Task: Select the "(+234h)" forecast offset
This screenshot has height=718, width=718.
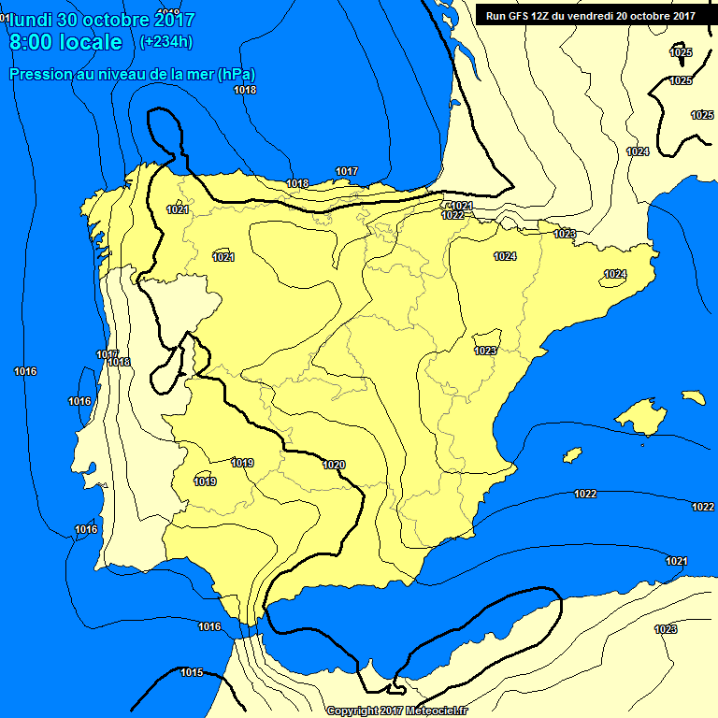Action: (x=165, y=41)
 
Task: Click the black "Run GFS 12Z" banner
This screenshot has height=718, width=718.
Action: (x=590, y=15)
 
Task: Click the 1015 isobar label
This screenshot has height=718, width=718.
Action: (x=192, y=672)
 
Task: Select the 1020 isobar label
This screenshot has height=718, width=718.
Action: (x=334, y=465)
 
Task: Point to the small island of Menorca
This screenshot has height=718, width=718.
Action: (x=693, y=397)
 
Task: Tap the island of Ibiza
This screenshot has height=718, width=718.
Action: (x=570, y=455)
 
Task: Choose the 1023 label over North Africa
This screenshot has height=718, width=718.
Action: (x=666, y=629)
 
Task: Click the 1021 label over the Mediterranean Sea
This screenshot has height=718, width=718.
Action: (x=677, y=561)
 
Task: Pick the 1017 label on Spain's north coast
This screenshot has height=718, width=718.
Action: (x=347, y=171)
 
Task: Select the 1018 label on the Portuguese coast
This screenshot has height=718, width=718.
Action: (x=120, y=363)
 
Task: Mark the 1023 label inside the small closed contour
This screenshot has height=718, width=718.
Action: (x=485, y=351)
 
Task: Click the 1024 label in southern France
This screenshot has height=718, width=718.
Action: (x=638, y=151)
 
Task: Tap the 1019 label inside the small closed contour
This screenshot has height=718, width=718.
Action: (x=206, y=481)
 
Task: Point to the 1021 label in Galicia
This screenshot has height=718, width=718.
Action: (x=178, y=209)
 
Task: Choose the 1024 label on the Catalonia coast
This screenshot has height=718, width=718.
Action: (x=614, y=274)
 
